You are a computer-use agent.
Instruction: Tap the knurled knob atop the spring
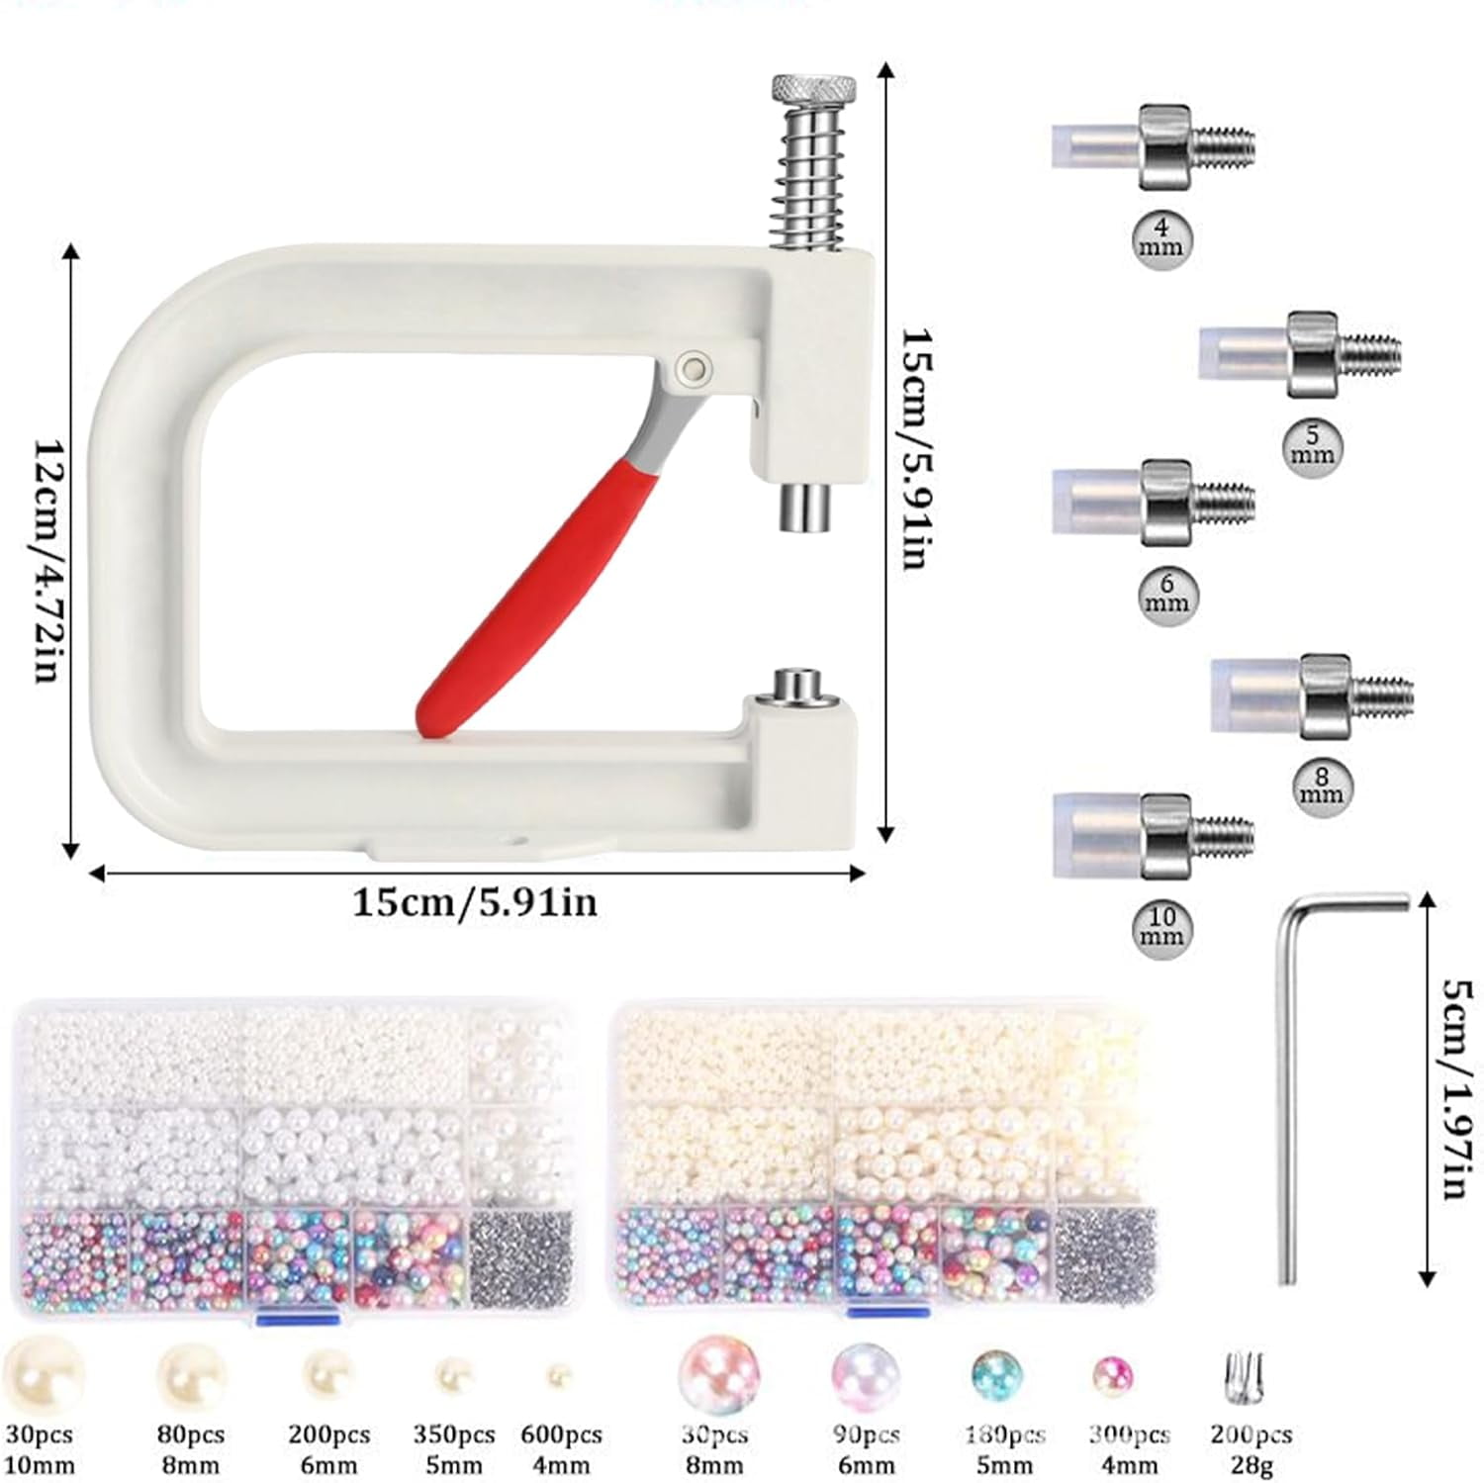click(814, 91)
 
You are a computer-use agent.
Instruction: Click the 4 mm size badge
click(1161, 238)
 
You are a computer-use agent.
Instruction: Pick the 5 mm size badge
click(1313, 446)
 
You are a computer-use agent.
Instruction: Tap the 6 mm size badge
click(1166, 593)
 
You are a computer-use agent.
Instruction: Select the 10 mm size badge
click(1161, 927)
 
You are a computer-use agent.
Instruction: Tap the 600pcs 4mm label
click(561, 1449)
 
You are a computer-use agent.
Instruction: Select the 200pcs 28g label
click(1251, 1449)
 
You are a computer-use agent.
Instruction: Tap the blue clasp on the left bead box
click(296, 1318)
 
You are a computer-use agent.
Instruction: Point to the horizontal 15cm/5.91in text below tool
click(475, 903)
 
